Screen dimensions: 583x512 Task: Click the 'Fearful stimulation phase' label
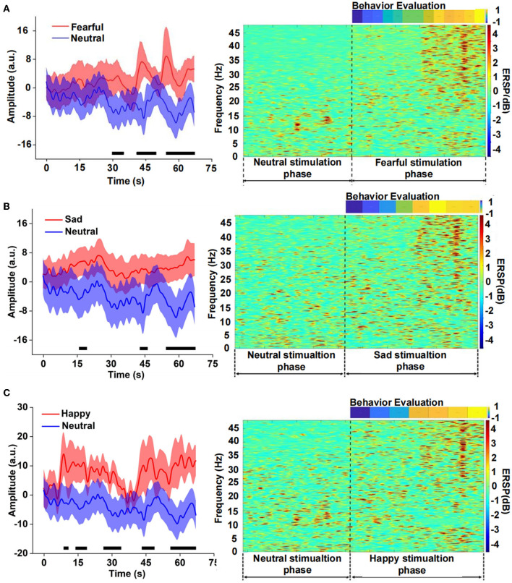pyautogui.click(x=418, y=168)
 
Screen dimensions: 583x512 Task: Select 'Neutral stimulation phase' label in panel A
pyautogui.click(x=297, y=168)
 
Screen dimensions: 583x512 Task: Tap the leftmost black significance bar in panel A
pyautogui.click(x=118, y=153)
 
